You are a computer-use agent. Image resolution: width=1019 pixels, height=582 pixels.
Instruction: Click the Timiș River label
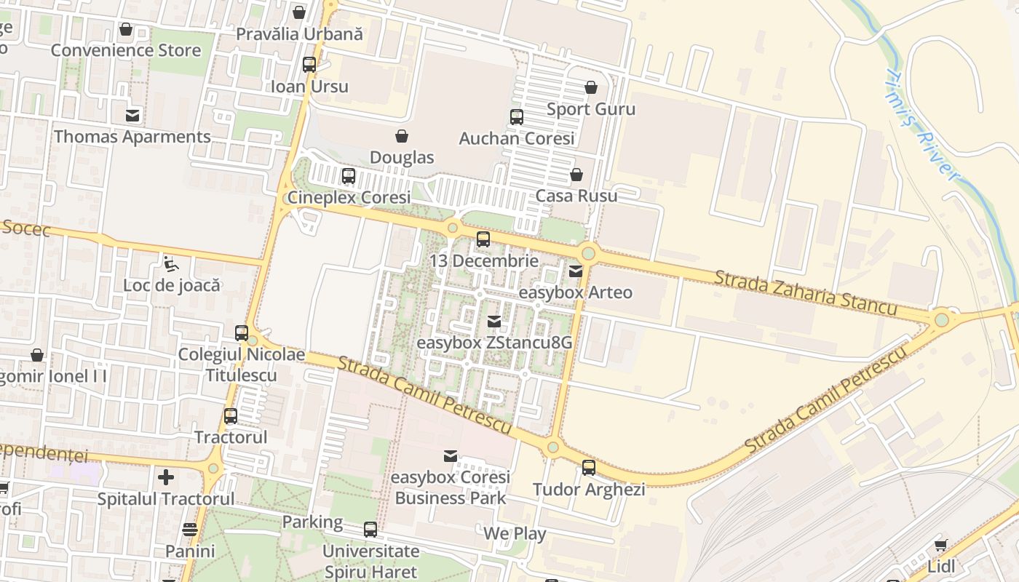click(x=922, y=124)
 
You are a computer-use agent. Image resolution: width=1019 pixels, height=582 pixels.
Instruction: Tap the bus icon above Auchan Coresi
click(x=516, y=116)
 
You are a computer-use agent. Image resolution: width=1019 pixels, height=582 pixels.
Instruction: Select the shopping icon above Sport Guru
click(x=590, y=87)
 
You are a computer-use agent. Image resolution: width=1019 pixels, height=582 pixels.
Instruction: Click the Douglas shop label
click(x=402, y=157)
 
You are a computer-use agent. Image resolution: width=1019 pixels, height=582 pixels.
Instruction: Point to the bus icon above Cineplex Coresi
click(x=349, y=175)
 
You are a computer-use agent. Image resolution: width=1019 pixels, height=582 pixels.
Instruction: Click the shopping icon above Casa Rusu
click(x=576, y=175)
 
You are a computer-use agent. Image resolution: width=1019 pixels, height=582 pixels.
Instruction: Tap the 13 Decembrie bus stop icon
click(x=483, y=239)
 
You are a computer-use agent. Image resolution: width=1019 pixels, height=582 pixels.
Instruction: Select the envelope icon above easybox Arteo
click(x=575, y=271)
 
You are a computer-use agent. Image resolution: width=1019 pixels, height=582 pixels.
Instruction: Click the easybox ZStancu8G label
click(x=494, y=342)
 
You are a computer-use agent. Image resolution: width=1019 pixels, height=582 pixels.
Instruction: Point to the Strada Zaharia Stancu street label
click(x=805, y=292)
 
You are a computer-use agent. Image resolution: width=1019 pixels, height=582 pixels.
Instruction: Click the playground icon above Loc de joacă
click(x=170, y=263)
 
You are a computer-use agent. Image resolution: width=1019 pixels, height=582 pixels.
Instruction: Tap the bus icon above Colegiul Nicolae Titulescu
click(x=242, y=333)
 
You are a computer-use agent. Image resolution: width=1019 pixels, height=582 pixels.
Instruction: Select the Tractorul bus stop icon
click(x=231, y=416)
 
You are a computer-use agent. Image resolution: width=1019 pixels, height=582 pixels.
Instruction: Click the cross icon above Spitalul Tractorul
click(x=166, y=477)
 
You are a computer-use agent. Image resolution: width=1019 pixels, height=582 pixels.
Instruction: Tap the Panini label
click(x=190, y=551)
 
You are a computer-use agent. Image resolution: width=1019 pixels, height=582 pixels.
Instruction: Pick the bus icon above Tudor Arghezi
click(x=589, y=468)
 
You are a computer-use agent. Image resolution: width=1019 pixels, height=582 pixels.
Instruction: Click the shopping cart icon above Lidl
click(x=940, y=545)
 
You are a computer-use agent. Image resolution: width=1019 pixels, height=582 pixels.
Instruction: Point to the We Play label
click(x=515, y=533)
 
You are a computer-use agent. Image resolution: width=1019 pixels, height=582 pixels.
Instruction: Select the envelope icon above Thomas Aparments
click(x=132, y=116)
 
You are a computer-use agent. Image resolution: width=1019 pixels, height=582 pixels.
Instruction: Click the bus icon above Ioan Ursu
click(x=309, y=65)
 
